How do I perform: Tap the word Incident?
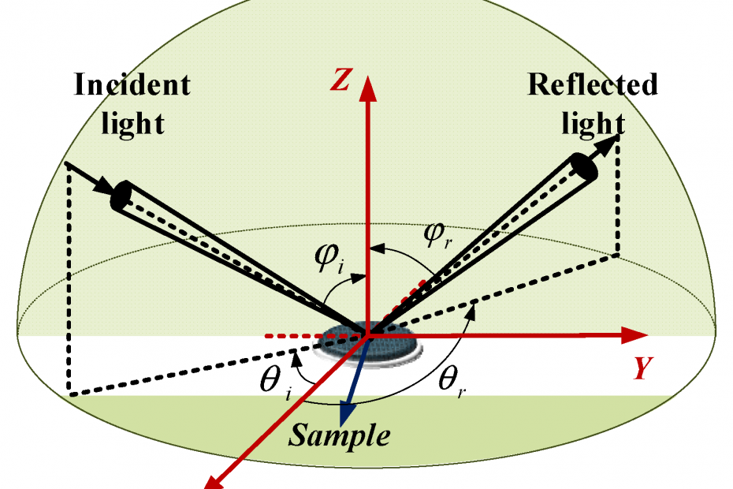point(132,85)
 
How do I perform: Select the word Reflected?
point(593,84)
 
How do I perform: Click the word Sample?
point(338,435)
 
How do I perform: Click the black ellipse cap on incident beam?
point(121,196)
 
